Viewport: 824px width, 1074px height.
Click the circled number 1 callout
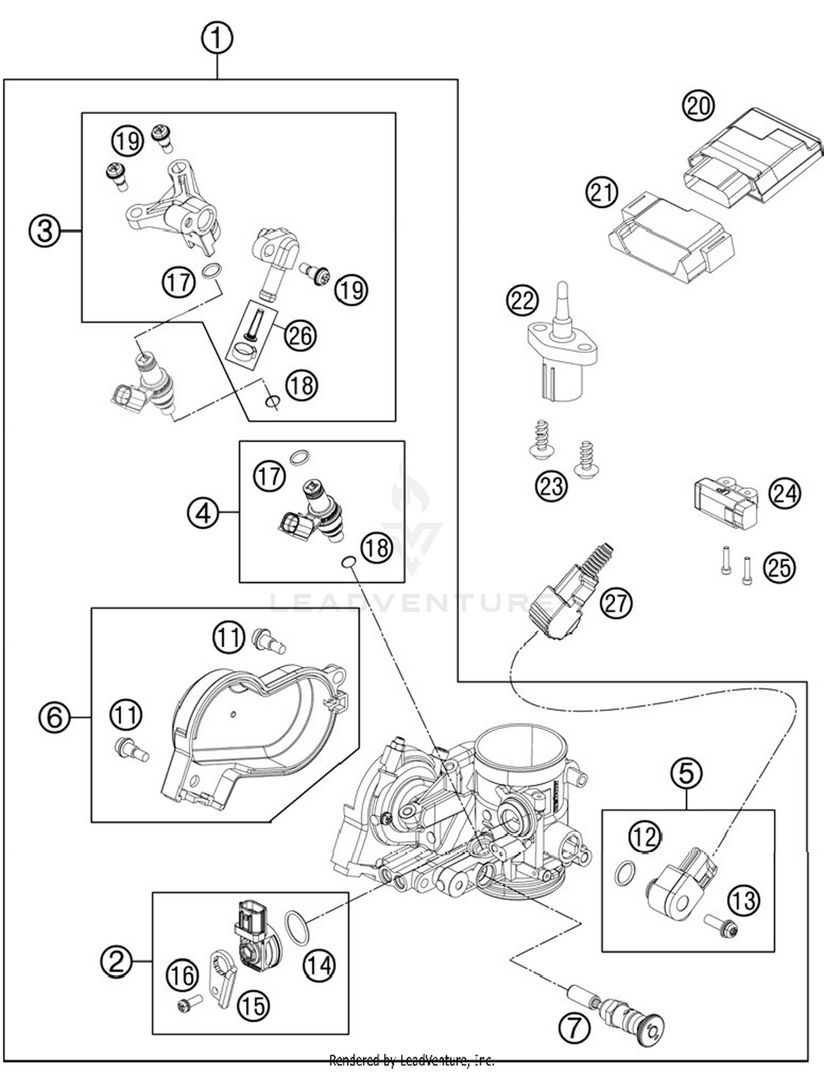pos(217,38)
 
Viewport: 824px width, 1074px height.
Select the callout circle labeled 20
pos(698,105)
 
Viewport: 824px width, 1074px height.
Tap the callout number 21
pos(602,192)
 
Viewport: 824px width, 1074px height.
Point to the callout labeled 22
pos(522,301)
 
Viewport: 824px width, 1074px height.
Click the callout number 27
pos(616,602)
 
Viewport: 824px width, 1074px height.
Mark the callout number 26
pos(300,335)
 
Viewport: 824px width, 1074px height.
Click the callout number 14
pos(319,964)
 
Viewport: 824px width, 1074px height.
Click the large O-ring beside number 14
pos(297,928)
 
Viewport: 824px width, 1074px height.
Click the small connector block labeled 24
pos(725,501)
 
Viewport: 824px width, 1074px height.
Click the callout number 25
pos(779,567)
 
